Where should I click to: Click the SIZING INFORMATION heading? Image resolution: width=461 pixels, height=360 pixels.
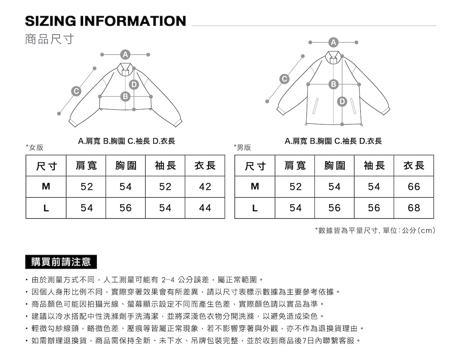105,21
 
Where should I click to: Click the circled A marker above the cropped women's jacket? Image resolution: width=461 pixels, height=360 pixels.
125,54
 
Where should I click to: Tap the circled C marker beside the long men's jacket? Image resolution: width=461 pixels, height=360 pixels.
285,79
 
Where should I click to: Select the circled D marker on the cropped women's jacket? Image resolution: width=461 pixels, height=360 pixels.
134,84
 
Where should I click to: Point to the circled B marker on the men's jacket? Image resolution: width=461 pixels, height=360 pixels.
333,84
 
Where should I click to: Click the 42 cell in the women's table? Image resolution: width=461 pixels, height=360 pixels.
205,187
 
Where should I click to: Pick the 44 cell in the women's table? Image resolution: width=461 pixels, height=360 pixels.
205,208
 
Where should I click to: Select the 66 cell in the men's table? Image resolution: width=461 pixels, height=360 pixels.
414,187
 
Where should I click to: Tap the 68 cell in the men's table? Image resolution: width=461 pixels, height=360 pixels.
414,208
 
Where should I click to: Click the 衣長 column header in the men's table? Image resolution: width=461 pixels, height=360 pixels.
414,166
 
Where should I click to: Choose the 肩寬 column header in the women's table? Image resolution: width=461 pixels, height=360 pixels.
86,166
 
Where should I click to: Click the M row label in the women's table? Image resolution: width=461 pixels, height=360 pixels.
46,187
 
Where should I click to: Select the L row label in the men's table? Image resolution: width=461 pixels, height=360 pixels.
255,208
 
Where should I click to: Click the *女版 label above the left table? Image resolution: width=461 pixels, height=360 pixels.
34,148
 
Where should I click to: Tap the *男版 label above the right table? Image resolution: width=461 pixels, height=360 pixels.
242,148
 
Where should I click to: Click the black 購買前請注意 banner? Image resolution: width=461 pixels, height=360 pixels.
61,262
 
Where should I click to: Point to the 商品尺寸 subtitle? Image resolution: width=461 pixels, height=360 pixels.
49,39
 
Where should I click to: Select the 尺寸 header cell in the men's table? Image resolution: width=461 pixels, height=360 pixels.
255,166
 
